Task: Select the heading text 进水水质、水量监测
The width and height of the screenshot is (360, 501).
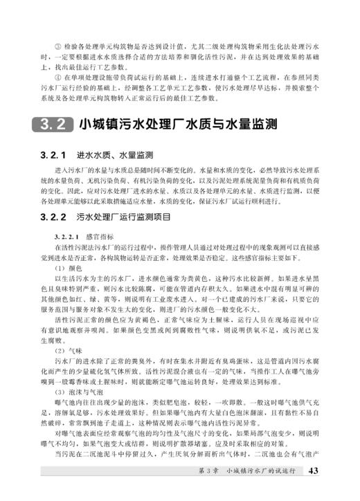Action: coord(114,154)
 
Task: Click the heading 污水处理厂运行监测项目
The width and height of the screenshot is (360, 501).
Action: coord(124,216)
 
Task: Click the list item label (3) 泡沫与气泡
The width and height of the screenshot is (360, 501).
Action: coord(78,392)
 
